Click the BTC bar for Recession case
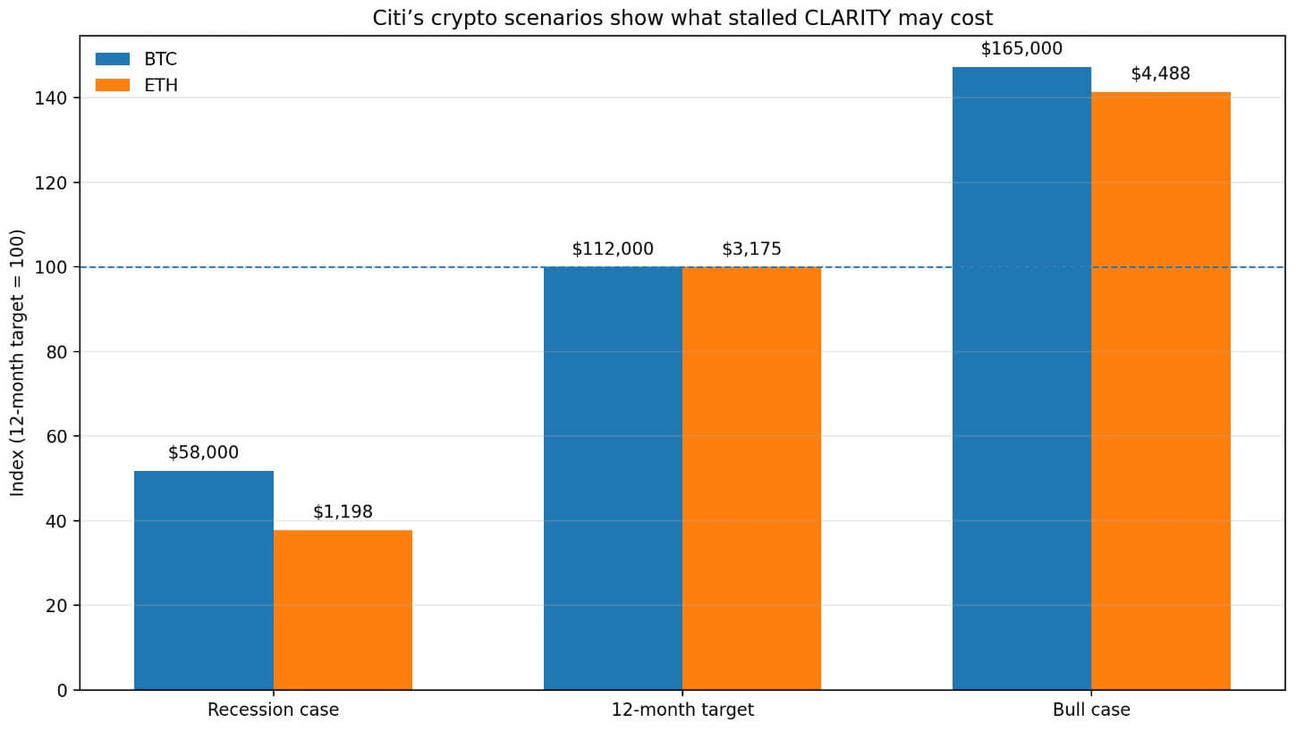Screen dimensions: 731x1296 point(204,580)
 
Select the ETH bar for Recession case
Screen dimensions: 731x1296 point(343,609)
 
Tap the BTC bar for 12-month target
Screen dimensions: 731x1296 point(613,478)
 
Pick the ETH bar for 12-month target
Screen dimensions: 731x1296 point(751,478)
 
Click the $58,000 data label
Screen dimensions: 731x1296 point(204,453)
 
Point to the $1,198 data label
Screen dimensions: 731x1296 point(343,512)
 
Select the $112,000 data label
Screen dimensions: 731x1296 point(613,249)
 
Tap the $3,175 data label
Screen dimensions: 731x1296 point(751,249)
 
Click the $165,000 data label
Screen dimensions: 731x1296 point(1021,49)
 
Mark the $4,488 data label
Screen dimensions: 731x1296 point(1160,74)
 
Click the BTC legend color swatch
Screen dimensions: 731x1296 point(113,59)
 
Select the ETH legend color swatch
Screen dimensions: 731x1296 point(113,86)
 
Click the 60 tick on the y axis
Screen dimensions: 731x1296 point(56,436)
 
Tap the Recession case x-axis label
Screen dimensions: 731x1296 point(273,710)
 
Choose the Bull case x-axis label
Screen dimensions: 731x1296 point(1091,710)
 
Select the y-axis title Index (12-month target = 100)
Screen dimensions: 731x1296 point(18,362)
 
